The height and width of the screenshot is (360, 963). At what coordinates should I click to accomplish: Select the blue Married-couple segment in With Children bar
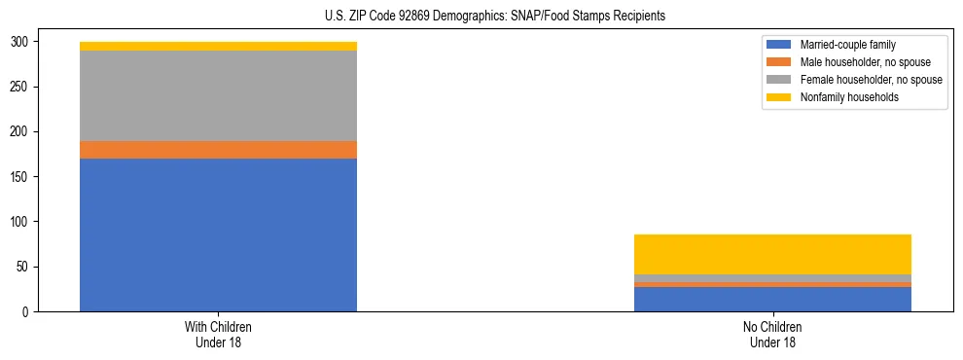pos(218,234)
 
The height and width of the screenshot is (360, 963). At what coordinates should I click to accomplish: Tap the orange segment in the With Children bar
pos(218,150)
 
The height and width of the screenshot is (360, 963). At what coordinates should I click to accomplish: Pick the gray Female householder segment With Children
pos(218,95)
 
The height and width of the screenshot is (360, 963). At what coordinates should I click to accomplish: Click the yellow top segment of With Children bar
pos(218,46)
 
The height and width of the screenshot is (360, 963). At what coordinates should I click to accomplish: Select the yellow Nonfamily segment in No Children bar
pos(772,254)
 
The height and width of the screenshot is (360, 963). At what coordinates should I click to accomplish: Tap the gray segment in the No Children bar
pos(772,278)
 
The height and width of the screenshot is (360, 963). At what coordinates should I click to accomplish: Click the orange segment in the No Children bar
pos(772,285)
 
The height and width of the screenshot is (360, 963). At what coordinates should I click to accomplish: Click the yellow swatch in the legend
pos(779,97)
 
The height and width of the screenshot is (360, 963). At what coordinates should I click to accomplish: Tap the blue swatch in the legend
pos(779,45)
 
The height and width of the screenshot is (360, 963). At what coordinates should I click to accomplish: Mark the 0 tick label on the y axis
pos(28,311)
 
